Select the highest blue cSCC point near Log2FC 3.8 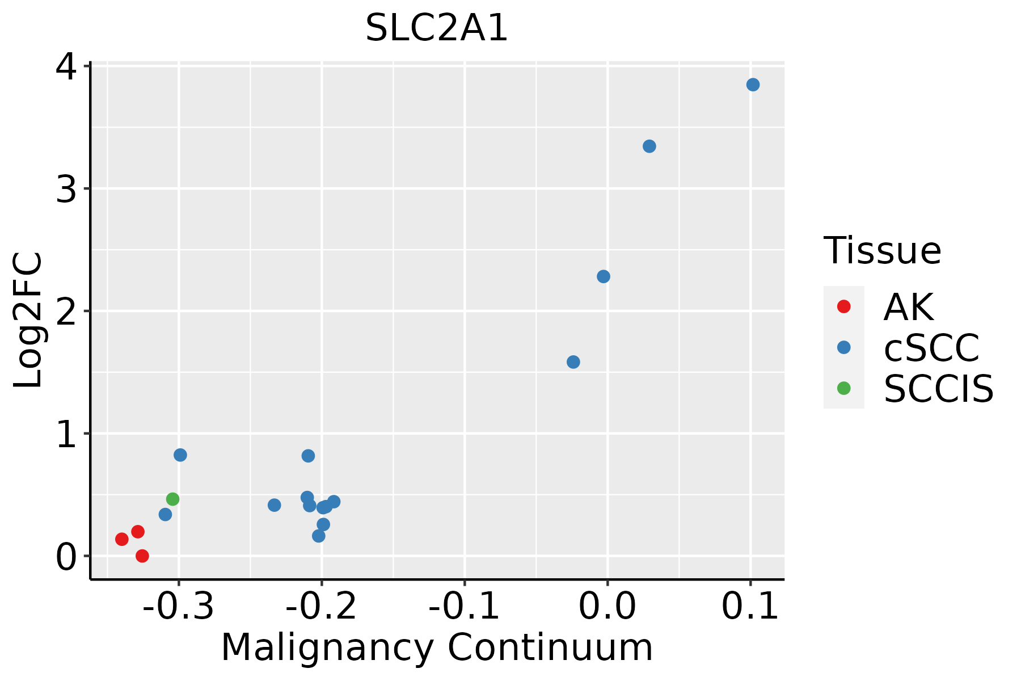pos(753,85)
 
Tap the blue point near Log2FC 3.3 pos(649,146)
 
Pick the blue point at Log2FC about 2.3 pos(604,276)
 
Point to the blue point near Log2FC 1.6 pos(573,362)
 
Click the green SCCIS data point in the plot pos(173,499)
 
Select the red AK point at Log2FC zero pos(142,556)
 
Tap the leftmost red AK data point pos(122,539)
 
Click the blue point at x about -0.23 pos(275,505)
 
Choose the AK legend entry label pos(908,307)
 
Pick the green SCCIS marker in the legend pos(843,388)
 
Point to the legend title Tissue pos(882,250)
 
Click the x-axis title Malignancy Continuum pos(437,648)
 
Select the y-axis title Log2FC pos(28,320)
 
